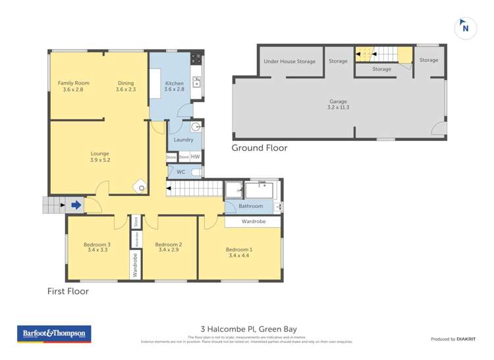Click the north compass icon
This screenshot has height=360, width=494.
click(466, 28)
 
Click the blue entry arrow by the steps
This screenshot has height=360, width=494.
click(76, 205)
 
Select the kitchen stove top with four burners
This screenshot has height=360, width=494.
click(196, 59)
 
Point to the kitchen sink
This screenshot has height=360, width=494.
click(196, 82)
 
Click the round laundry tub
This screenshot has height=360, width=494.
click(196, 127)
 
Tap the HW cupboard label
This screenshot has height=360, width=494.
click(196, 157)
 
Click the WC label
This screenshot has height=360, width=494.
click(180, 172)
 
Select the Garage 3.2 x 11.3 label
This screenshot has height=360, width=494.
click(339, 104)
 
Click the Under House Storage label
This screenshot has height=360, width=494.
click(289, 61)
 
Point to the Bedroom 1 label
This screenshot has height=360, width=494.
click(238, 252)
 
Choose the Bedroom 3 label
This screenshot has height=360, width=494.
click(97, 247)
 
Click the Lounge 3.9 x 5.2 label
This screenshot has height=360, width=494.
click(99, 156)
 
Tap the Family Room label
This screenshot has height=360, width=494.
click(73, 86)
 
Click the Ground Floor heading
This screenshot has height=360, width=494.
click(259, 148)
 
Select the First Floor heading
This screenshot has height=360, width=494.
click(68, 291)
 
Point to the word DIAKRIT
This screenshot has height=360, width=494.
click(469, 339)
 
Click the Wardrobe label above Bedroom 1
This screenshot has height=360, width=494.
click(254, 222)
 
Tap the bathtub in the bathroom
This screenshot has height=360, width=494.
click(259, 191)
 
